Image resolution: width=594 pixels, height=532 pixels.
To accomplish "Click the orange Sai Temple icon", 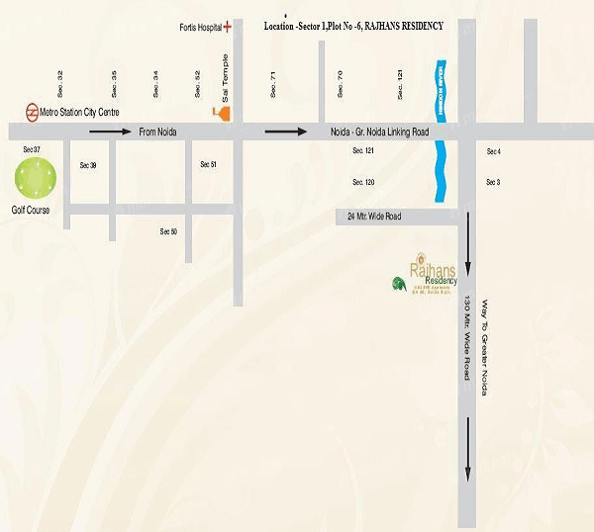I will pyautogui.click(x=226, y=113).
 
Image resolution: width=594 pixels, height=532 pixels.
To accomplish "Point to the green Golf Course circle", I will pyautogui.click(x=36, y=179).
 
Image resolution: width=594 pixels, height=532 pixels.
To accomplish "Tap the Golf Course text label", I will pyautogui.click(x=30, y=211).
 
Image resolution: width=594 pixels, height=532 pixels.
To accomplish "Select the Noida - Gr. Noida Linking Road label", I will pyautogui.click(x=379, y=132).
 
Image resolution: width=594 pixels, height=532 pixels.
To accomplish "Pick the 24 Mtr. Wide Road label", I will pyautogui.click(x=373, y=217).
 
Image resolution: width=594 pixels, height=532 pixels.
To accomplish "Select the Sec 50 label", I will pyautogui.click(x=168, y=231).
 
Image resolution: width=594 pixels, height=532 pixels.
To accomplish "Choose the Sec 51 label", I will pyautogui.click(x=208, y=164).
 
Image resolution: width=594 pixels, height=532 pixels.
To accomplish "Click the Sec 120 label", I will pyautogui.click(x=363, y=183).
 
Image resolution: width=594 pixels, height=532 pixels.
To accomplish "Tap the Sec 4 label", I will pyautogui.click(x=493, y=151).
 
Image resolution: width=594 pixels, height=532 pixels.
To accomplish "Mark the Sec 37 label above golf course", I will pyautogui.click(x=31, y=149).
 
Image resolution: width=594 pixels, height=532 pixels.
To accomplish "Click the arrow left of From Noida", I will pyautogui.click(x=109, y=131).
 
